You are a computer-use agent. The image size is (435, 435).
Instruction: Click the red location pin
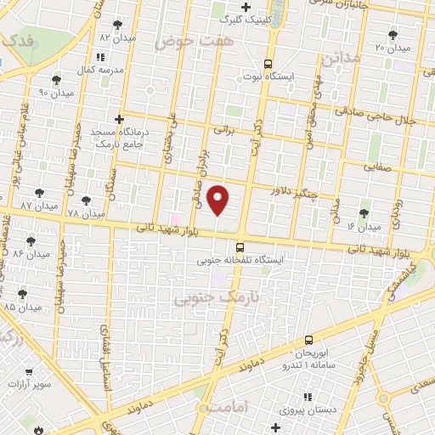(218, 201)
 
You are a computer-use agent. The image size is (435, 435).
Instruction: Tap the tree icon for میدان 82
(116, 25)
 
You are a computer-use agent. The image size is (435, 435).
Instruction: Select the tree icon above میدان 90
(56, 80)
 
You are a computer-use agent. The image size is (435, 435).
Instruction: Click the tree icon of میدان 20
(393, 35)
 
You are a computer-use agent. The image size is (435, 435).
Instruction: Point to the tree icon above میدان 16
(365, 214)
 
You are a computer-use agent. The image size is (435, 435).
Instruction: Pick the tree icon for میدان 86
(31, 242)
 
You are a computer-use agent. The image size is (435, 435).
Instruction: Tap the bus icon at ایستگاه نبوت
(268, 64)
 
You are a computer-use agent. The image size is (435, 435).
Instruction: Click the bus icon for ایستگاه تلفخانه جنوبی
(240, 247)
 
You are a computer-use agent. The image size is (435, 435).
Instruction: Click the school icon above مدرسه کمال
(101, 56)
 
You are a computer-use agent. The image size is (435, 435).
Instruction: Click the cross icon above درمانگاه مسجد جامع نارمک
(120, 120)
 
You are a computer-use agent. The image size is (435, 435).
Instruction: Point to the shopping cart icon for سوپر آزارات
(29, 372)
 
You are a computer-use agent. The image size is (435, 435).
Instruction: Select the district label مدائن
(342, 57)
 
